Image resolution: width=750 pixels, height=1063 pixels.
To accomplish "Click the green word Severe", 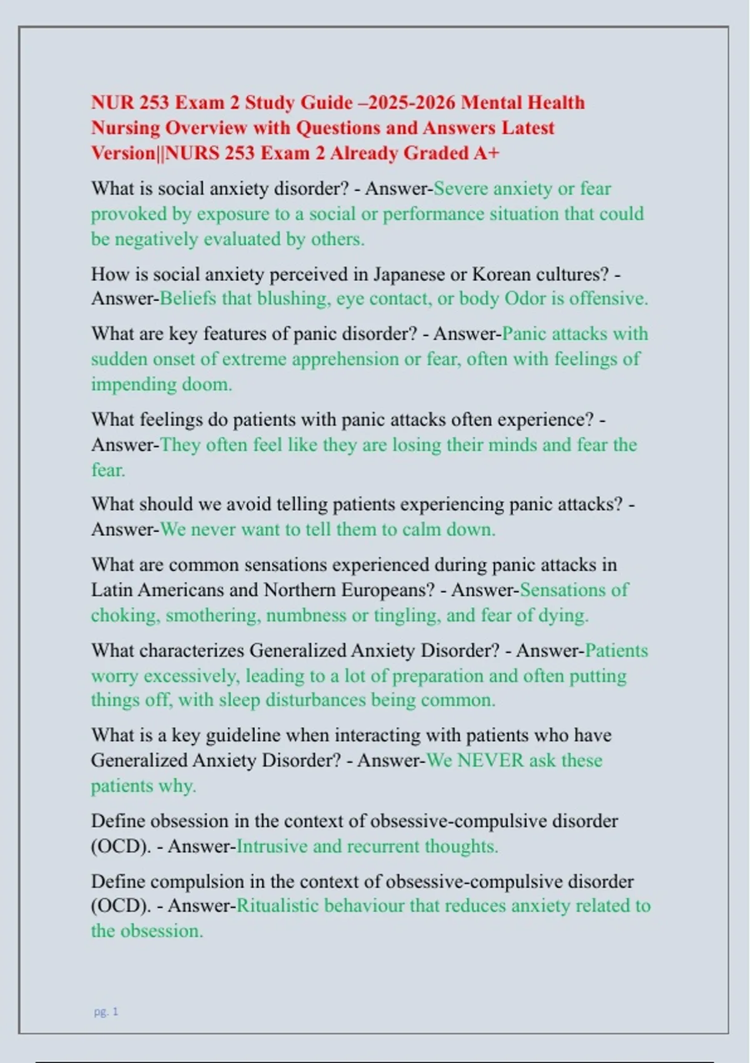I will click(461, 189).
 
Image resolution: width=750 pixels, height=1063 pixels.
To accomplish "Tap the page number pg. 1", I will click(106, 1012).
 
